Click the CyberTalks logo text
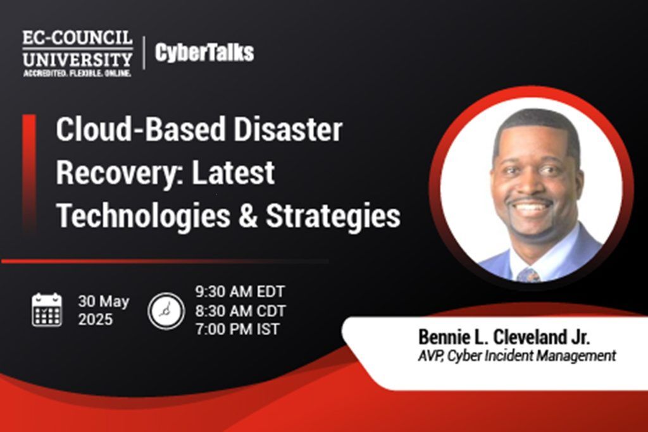click(204, 52)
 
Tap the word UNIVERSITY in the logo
click(78, 60)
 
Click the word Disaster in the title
click(288, 129)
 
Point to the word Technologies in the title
click(143, 216)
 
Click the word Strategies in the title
click(333, 216)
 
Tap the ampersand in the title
click(247, 216)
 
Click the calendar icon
click(47, 310)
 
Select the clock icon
click(166, 311)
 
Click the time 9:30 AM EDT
click(240, 292)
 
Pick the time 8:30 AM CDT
click(240, 311)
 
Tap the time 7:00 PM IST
click(238, 329)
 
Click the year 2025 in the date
click(96, 319)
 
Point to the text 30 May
click(104, 302)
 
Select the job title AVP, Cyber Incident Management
click(517, 355)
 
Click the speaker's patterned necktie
click(528, 275)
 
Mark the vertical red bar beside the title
click(29, 173)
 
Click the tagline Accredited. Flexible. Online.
click(77, 73)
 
